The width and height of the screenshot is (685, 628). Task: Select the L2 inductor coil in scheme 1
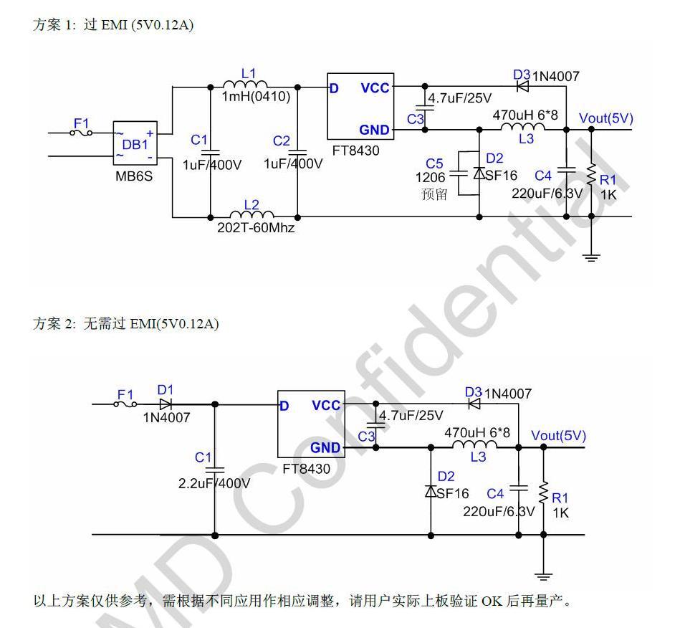pos(252,214)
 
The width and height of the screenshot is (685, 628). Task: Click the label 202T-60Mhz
pos(255,228)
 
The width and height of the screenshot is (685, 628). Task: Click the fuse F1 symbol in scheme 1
pos(82,133)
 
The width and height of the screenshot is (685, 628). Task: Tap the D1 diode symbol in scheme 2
pos(166,404)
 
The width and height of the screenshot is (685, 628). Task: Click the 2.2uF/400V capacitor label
pos(214,483)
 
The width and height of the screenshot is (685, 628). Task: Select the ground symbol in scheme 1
pos(591,257)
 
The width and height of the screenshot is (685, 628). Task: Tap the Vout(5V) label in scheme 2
pos(558,436)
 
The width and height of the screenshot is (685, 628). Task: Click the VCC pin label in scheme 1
pos(375,88)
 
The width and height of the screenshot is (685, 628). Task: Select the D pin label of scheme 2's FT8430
pos(284,406)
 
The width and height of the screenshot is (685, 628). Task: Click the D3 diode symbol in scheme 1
pos(522,87)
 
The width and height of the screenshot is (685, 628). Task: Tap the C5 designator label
pos(435,164)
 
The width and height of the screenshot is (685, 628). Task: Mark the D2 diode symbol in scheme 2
pos(431,491)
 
